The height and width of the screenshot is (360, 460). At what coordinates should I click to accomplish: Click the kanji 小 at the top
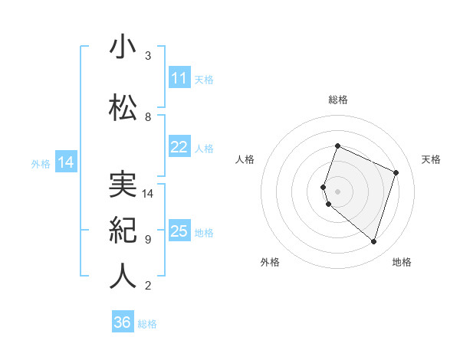tap(123, 47)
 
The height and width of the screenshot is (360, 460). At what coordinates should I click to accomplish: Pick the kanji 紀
tap(123, 229)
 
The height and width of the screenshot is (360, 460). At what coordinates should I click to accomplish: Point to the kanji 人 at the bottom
tap(123, 276)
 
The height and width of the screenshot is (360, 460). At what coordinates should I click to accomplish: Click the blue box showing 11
tap(179, 78)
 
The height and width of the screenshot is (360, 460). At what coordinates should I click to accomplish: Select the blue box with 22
tap(179, 147)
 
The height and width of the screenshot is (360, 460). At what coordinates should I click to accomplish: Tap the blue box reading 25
tap(179, 231)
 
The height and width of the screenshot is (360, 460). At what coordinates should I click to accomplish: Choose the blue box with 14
tap(65, 162)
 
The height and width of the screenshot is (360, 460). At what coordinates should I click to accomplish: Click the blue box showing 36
tap(122, 322)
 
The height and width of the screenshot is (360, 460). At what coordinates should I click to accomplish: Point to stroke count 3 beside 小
tap(148, 56)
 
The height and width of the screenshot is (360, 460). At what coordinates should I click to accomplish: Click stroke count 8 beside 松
tap(148, 117)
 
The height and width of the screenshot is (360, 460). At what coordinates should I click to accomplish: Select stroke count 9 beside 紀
tap(148, 240)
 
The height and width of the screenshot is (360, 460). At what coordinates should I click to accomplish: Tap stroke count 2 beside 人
tap(148, 286)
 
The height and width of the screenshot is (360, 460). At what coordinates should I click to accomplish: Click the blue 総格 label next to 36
tap(147, 324)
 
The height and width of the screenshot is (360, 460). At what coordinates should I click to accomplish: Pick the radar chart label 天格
tap(431, 159)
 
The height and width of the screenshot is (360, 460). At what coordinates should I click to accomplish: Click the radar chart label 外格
tap(270, 262)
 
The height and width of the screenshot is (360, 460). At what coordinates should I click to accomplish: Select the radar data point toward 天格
tap(396, 172)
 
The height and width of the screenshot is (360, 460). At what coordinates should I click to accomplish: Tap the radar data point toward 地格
tap(373, 242)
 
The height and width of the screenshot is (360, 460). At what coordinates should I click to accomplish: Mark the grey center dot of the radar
tap(337, 191)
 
